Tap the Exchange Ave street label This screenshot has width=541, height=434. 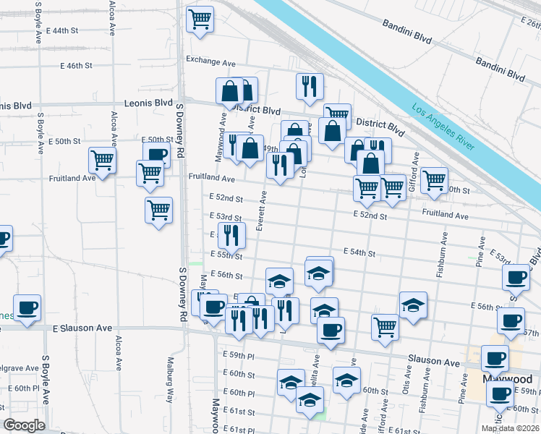click(x=211, y=60)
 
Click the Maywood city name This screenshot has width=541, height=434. click(x=506, y=379)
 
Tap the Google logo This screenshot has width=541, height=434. click(x=24, y=425)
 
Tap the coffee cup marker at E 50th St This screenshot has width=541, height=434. click(x=156, y=153)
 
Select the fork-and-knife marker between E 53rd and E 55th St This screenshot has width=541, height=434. click(x=231, y=234)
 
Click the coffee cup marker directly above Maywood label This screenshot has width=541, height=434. click(x=496, y=357)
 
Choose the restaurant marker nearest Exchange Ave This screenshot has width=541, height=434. click(x=310, y=85)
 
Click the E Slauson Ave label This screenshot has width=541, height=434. click(x=83, y=328)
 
